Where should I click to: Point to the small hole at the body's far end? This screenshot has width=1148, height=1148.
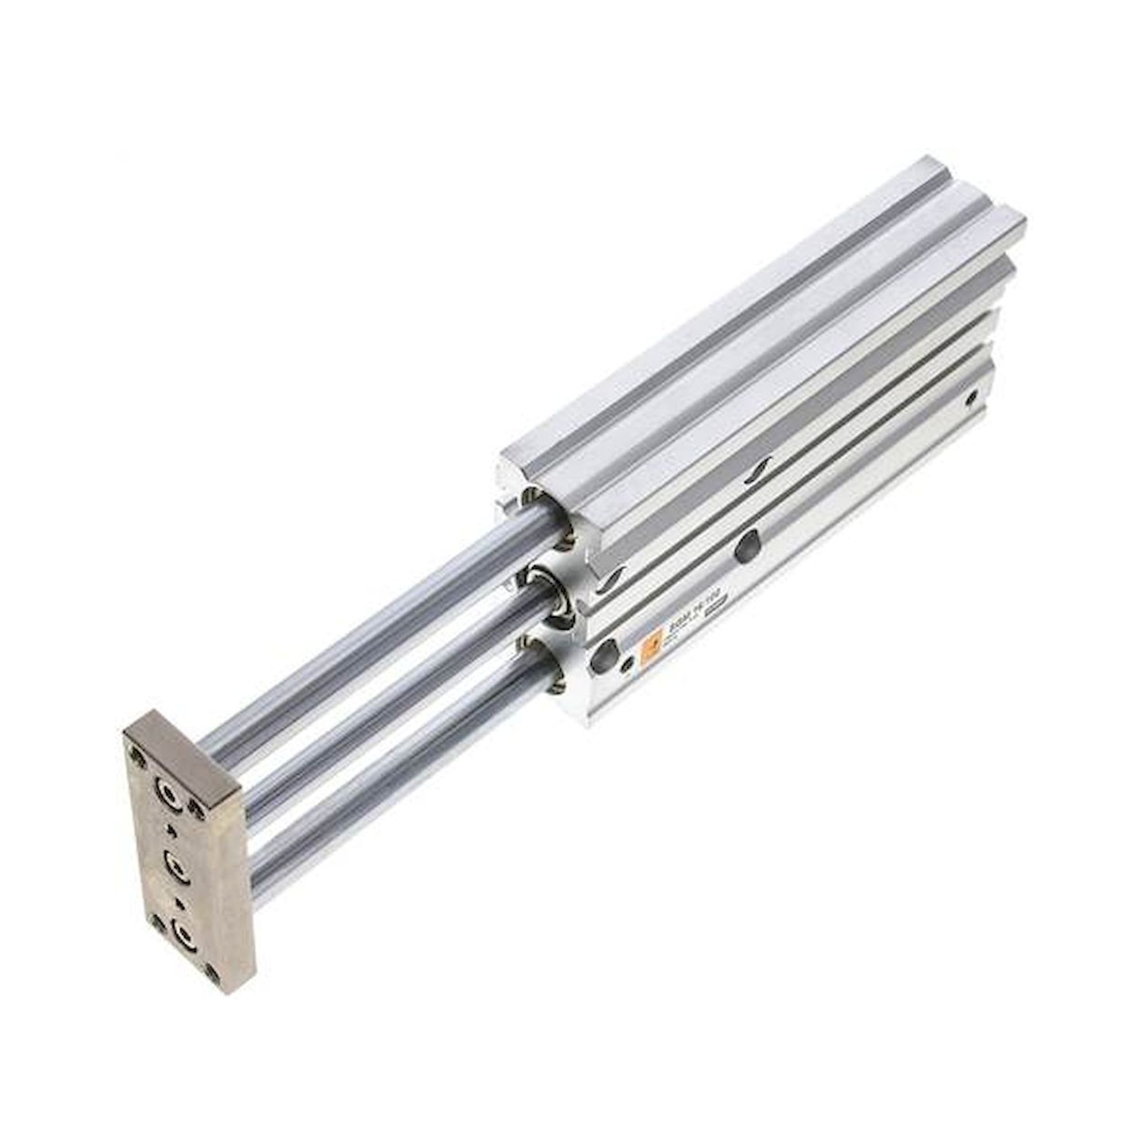tap(972, 395)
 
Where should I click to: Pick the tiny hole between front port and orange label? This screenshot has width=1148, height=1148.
tap(626, 666)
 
